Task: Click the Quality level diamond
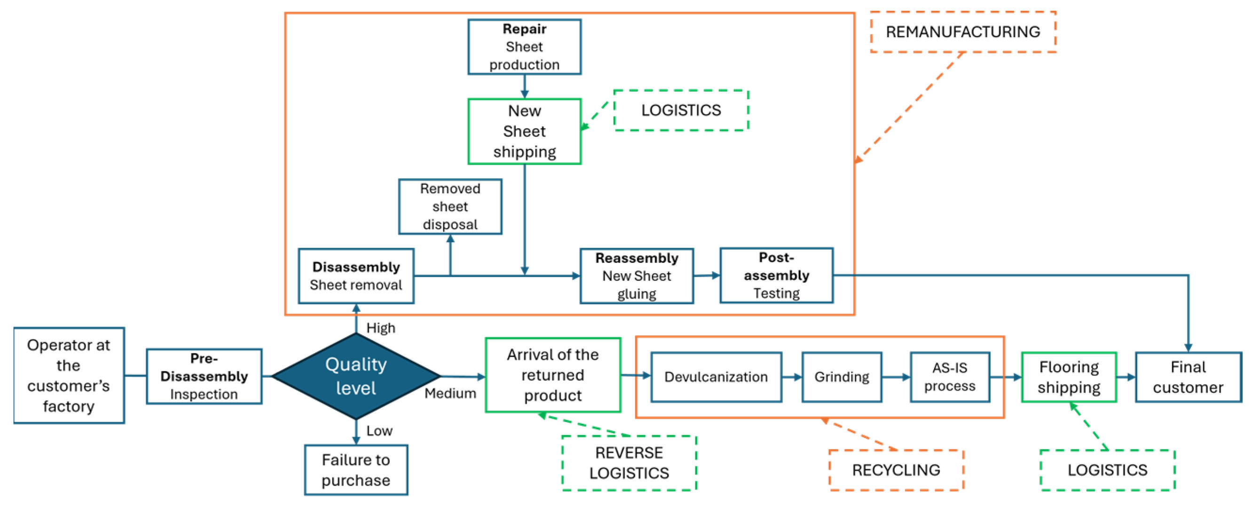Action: [356, 376]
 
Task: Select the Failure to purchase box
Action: [356, 469]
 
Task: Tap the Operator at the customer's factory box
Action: [69, 375]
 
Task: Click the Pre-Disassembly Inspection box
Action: [204, 376]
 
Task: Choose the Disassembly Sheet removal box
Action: [356, 276]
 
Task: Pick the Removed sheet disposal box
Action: [450, 206]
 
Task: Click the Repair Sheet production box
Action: [524, 47]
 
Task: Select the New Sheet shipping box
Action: [524, 131]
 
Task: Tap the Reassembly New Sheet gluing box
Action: [637, 276]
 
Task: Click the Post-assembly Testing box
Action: [777, 275]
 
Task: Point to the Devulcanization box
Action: [717, 377]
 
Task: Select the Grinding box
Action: [842, 377]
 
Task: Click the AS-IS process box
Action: [950, 377]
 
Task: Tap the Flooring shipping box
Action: [1069, 377]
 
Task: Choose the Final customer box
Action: [1189, 377]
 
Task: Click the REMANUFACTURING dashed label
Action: [963, 32]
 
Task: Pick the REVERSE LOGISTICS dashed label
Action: [630, 463]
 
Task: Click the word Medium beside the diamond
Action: [450, 393]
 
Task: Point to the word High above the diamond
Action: [380, 328]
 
